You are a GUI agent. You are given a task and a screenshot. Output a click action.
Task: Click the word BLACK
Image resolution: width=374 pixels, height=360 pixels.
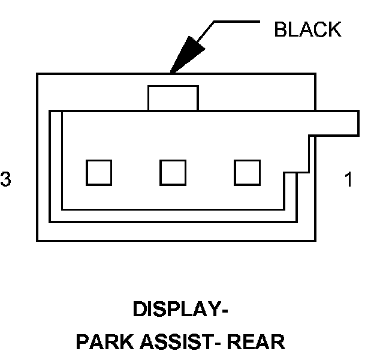(307, 29)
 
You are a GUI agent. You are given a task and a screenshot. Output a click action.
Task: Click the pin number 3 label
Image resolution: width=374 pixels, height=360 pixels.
(6, 179)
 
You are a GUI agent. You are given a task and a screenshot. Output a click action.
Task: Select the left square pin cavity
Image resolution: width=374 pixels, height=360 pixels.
(99, 172)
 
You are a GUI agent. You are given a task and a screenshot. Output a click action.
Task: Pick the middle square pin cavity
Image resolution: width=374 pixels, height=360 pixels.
(173, 172)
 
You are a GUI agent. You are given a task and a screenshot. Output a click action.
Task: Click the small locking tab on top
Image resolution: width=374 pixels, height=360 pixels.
(173, 98)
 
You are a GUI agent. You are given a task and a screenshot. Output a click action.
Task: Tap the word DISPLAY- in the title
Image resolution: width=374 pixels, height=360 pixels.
(180, 310)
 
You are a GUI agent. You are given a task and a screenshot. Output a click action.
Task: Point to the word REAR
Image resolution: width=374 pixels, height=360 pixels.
(258, 343)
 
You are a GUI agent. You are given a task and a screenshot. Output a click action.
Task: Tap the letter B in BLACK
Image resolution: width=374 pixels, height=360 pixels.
(279, 29)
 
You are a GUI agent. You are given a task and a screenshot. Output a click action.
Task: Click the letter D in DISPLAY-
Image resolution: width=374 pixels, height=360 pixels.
(138, 310)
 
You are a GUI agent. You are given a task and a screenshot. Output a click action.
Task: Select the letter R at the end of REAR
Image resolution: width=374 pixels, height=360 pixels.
(278, 343)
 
